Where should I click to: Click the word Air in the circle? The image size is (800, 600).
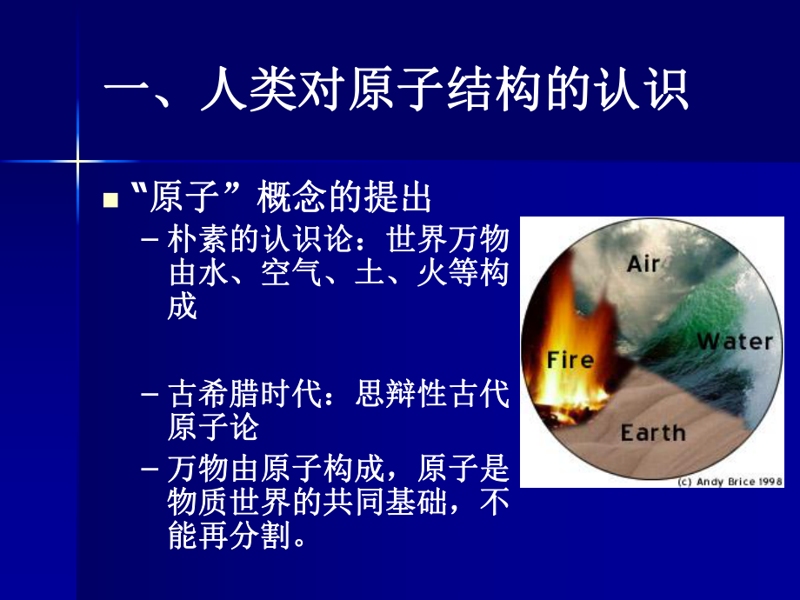[643, 263]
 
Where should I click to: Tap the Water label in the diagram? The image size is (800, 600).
[735, 342]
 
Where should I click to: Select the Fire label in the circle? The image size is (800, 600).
[570, 359]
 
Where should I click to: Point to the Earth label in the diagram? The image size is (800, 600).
[653, 432]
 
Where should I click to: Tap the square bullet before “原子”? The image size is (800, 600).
[110, 201]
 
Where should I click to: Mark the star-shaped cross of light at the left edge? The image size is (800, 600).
[77, 160]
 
